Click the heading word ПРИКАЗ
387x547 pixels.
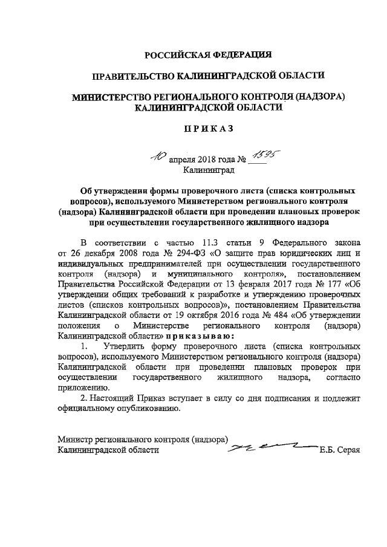(x=209, y=129)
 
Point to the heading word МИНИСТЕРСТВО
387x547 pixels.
(x=116, y=97)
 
